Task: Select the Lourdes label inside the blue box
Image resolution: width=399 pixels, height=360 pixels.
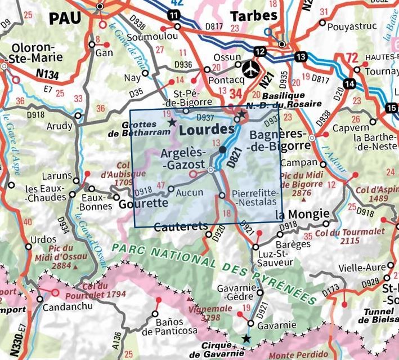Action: [x=206, y=129]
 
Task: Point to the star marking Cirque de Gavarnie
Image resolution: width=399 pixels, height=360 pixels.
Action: [x=246, y=338]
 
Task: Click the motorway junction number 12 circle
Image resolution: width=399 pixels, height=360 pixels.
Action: [x=260, y=51]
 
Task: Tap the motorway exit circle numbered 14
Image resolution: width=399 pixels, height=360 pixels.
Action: [x=351, y=83]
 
